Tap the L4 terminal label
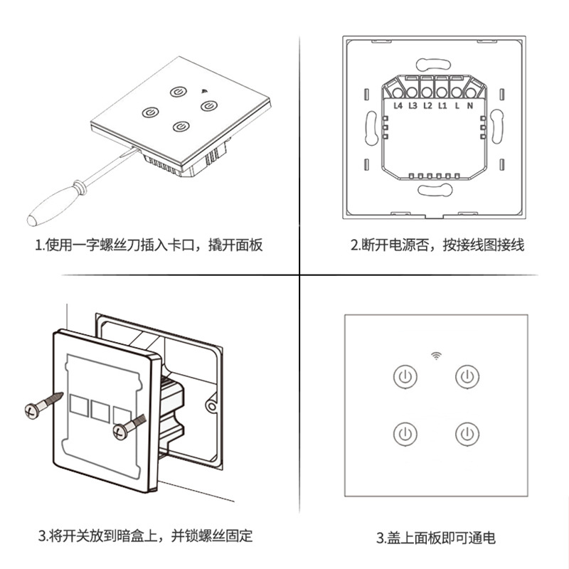[x=398, y=105]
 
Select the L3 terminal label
[x=413, y=105]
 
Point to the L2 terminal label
[x=427, y=105]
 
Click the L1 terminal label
[x=442, y=105]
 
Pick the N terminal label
[x=470, y=105]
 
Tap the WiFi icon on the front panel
[x=435, y=354]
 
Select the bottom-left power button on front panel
[x=404, y=433]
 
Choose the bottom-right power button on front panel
[x=467, y=433]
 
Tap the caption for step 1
[x=149, y=245]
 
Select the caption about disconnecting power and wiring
[x=437, y=245]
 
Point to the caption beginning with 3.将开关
[x=145, y=535]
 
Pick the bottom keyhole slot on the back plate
[x=435, y=190]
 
